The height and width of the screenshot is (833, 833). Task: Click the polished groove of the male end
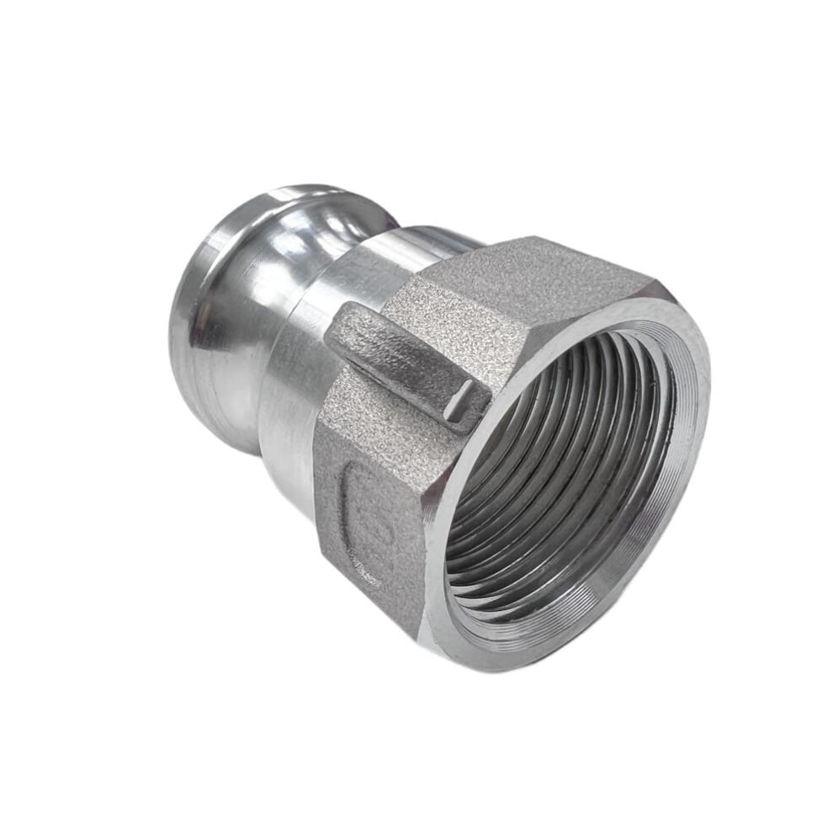click(x=252, y=278)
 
